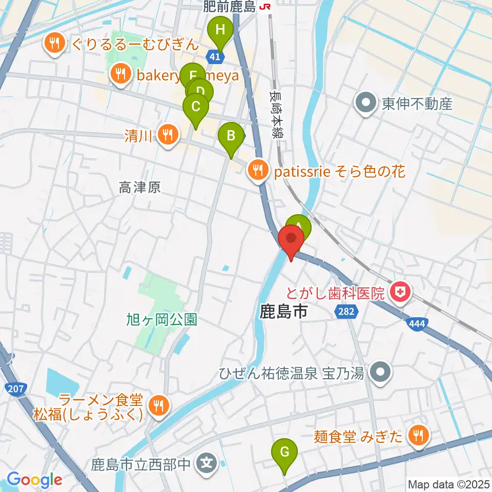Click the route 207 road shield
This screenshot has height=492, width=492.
(x=16, y=389)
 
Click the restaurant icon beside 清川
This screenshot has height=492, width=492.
(x=168, y=135)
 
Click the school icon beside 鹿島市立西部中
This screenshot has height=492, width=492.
(x=207, y=465)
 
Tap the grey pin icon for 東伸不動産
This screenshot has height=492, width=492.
(x=366, y=104)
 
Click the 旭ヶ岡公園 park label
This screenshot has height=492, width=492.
(x=161, y=320)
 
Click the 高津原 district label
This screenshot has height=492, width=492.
(x=140, y=188)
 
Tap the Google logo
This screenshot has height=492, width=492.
(x=34, y=480)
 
